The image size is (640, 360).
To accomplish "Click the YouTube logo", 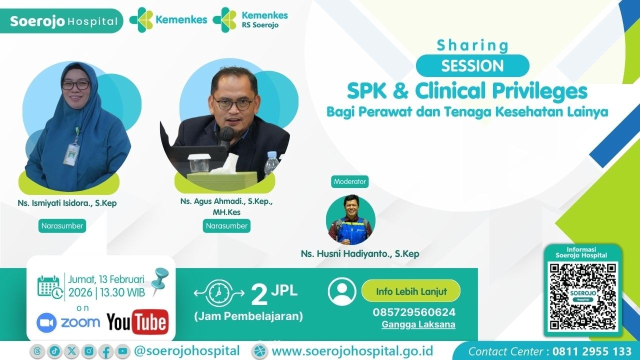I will tap(137, 321).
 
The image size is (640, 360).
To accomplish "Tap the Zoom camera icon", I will tap(46, 322).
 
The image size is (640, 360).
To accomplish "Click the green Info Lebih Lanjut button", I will tap(410, 290).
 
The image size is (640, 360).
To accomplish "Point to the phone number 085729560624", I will tap(414, 312).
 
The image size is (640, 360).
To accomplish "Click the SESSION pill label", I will tap(472, 65).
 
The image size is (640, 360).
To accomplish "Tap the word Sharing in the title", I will tap(472, 45).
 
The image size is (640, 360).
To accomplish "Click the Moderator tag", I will tap(350, 181).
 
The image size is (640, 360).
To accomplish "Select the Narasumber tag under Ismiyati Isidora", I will tap(62, 226).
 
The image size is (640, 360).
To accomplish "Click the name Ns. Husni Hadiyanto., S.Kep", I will tap(360, 254).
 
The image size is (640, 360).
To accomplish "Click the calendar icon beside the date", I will tap(50, 286).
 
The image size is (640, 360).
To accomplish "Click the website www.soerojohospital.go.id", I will tap(352, 350).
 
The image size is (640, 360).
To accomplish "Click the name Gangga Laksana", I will tap(418, 324).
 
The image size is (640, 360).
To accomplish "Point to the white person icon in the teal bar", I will tap(342, 291).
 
